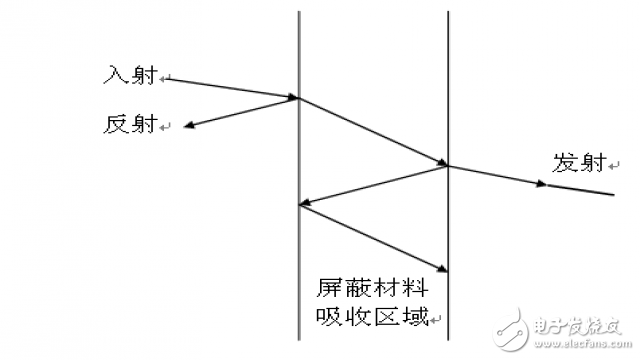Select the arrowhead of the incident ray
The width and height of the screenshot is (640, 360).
(294, 97)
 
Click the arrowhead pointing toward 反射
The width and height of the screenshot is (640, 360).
(189, 126)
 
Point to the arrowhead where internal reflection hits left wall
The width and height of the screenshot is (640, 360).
(305, 205)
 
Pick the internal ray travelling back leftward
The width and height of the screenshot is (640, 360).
(375, 186)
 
